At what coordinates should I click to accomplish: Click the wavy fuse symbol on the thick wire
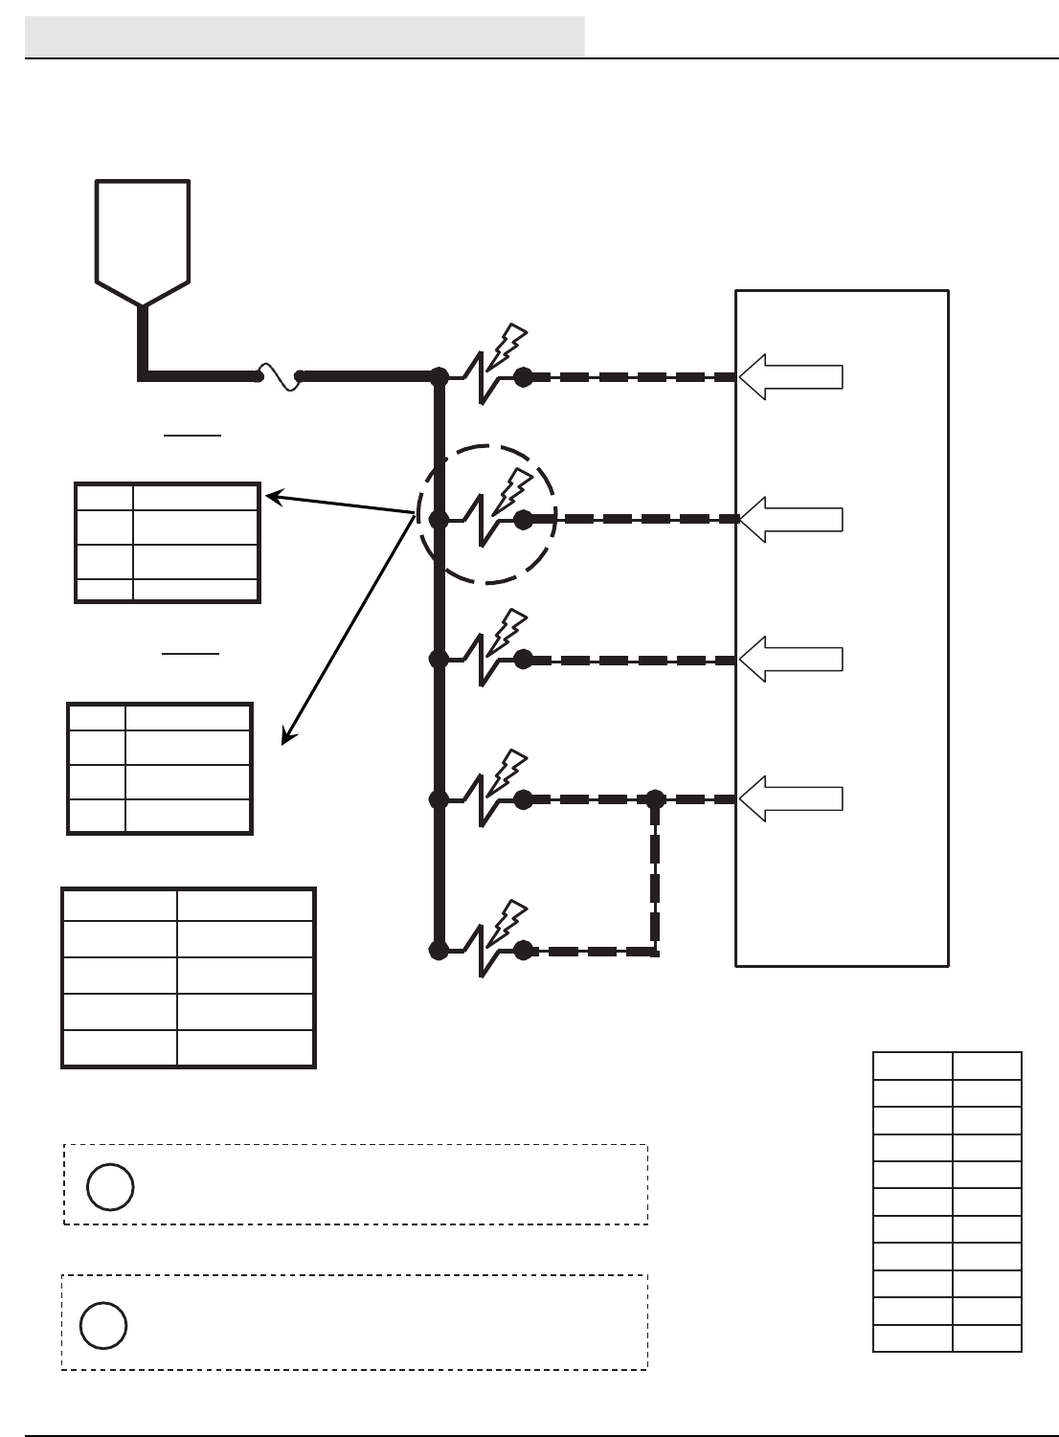click(279, 376)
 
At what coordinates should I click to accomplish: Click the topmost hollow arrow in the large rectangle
click(791, 377)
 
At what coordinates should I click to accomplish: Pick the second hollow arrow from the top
click(791, 519)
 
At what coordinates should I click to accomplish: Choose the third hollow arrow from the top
click(791, 659)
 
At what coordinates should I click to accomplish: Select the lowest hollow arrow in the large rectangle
click(791, 798)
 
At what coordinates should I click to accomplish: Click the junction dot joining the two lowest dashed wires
click(656, 798)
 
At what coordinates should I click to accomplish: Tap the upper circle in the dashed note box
click(110, 1187)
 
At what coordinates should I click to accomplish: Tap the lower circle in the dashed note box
click(103, 1325)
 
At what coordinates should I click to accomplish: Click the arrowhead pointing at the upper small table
click(272, 496)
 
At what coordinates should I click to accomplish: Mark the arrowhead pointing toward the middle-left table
click(287, 736)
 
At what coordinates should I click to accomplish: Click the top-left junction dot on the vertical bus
click(439, 377)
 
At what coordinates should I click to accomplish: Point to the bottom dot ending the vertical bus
click(439, 951)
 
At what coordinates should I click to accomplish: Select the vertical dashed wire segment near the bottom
click(656, 876)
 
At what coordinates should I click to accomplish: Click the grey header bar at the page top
click(304, 36)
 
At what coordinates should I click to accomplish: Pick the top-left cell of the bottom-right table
click(913, 1067)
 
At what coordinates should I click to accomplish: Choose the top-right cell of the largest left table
click(245, 905)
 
